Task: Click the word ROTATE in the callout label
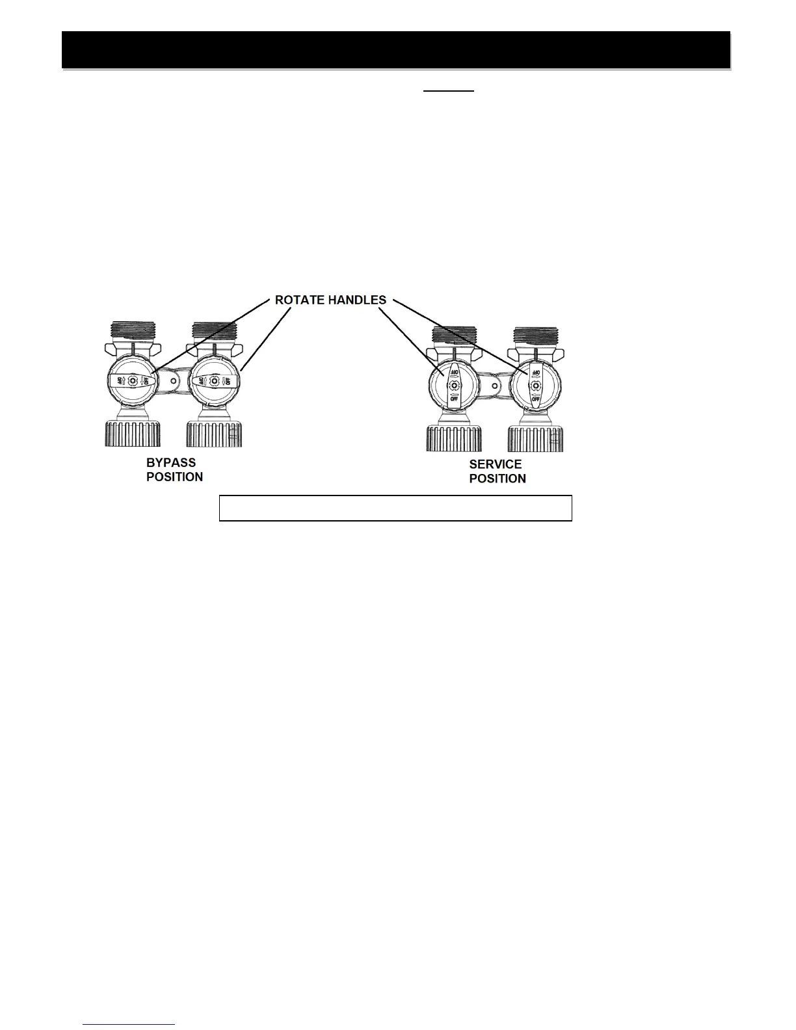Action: pos(297,300)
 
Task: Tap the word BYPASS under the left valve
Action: pos(170,463)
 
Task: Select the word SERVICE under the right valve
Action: pos(496,464)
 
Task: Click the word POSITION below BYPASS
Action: pos(174,477)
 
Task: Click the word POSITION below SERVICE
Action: pos(497,479)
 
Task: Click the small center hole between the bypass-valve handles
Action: pos(173,381)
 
